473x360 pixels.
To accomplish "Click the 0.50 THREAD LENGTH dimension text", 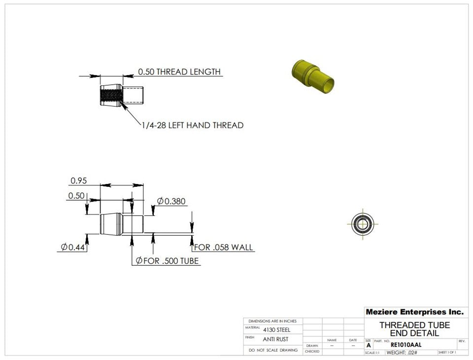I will pyautogui.click(x=179, y=72).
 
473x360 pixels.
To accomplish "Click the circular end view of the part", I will pyautogui.click(x=362, y=224).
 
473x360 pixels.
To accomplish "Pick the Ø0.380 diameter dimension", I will pyautogui.click(x=171, y=201).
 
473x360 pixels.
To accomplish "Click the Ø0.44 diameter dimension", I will pyautogui.click(x=71, y=247).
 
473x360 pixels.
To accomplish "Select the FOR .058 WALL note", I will pyautogui.click(x=224, y=247).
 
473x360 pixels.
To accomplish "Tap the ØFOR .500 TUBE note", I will pyautogui.click(x=168, y=260).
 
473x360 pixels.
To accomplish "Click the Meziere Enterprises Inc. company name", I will pyautogui.click(x=414, y=312).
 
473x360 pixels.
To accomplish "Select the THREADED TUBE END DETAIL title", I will pyautogui.click(x=414, y=329).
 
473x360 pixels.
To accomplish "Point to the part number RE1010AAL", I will pyautogui.click(x=405, y=345).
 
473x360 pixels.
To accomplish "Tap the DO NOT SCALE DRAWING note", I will pyautogui.click(x=273, y=350).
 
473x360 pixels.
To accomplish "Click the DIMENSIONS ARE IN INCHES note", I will pyautogui.click(x=272, y=321).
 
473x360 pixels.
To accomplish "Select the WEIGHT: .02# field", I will pyautogui.click(x=402, y=353).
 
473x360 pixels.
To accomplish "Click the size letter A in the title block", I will pyautogui.click(x=368, y=345).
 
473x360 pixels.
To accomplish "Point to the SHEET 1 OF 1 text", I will pyautogui.click(x=447, y=353).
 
